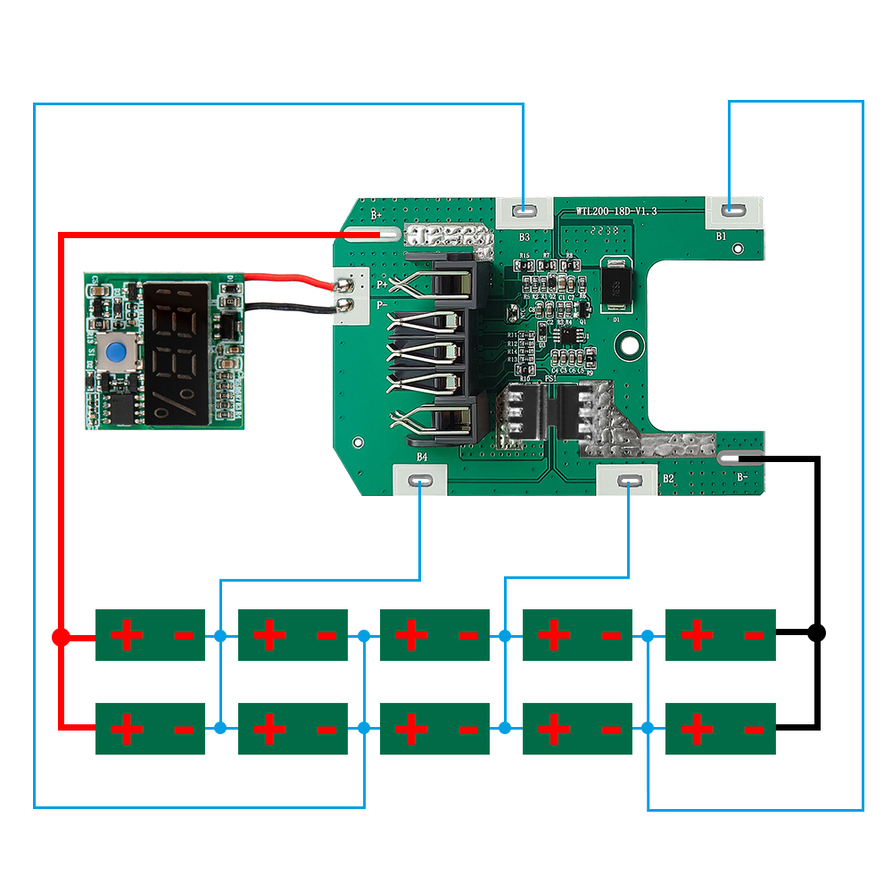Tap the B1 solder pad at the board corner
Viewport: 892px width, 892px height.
click(x=733, y=211)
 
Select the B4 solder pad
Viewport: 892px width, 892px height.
click(x=421, y=481)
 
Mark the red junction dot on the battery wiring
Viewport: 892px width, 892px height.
click(x=60, y=637)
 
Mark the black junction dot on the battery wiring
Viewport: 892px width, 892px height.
click(x=815, y=632)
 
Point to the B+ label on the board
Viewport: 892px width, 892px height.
click(x=376, y=215)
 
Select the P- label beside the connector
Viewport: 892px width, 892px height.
click(x=383, y=305)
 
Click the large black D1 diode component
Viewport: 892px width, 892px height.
click(x=614, y=285)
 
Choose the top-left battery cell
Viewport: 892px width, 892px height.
click(x=150, y=635)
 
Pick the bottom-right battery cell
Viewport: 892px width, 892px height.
click(x=720, y=729)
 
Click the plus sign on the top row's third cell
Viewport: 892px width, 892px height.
click(x=411, y=635)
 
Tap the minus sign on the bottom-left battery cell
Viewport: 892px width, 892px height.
click(x=184, y=730)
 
